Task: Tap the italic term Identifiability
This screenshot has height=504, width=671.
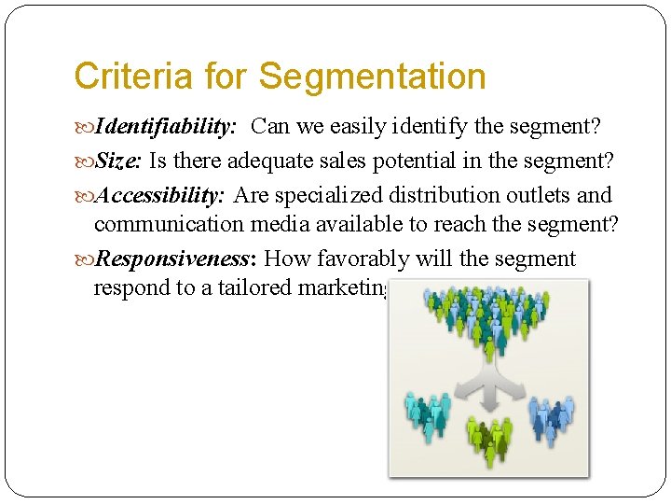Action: click(x=170, y=126)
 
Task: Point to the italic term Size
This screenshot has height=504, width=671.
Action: click(x=118, y=161)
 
